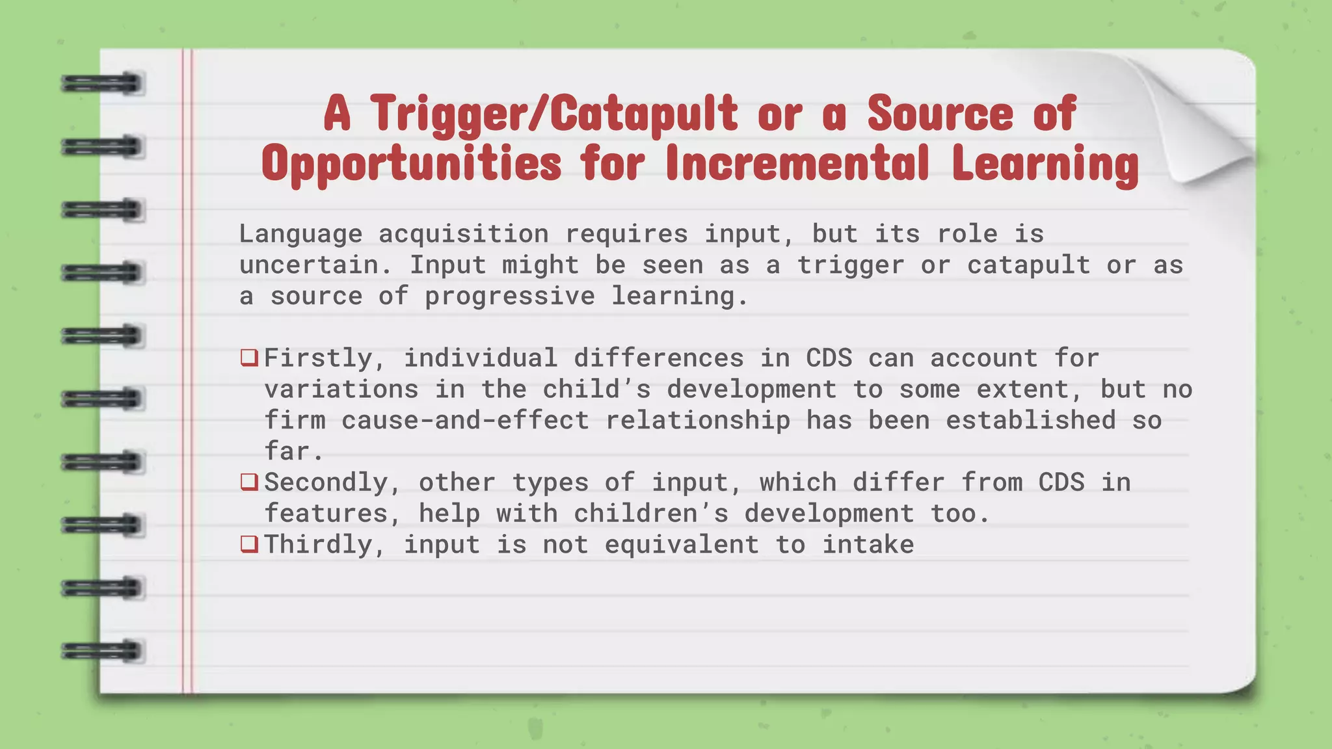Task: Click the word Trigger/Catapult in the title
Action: pos(554,114)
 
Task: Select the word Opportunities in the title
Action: pos(411,164)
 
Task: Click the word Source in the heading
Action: pos(940,114)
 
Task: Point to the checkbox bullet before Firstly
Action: pos(249,358)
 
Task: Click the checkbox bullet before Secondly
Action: pos(249,482)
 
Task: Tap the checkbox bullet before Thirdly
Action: pos(249,544)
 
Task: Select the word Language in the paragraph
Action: pos(300,234)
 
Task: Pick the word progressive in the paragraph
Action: pos(509,296)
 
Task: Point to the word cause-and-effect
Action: pos(465,420)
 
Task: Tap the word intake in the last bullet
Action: pos(868,544)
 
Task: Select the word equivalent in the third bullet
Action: pos(682,544)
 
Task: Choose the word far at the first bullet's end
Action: pos(287,451)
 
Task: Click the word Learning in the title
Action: pos(1045,164)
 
